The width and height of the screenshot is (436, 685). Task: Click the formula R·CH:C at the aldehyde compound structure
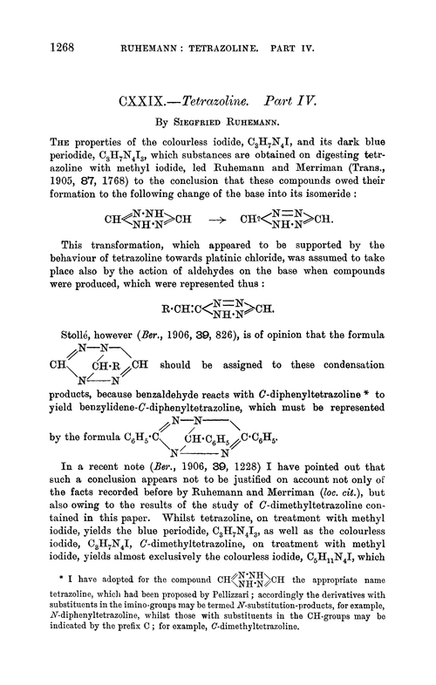[181, 309]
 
